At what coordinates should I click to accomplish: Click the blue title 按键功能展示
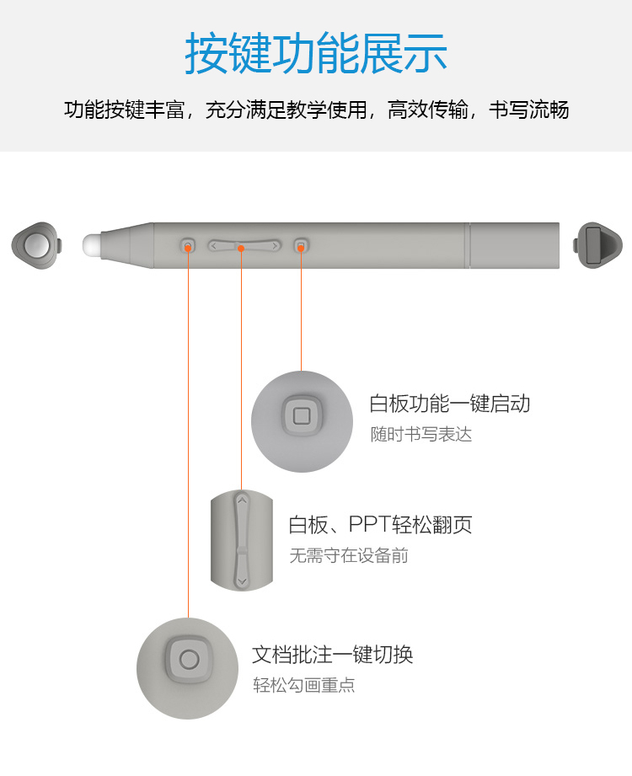(316, 52)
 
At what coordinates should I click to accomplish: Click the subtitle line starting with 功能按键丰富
(316, 110)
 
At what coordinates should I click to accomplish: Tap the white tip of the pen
(92, 245)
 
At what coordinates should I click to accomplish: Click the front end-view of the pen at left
(36, 245)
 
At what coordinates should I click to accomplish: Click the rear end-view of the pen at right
(593, 245)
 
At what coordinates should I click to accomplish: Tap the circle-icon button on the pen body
(188, 246)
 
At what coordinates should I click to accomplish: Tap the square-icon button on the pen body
(301, 246)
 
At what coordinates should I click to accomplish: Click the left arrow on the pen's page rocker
(215, 246)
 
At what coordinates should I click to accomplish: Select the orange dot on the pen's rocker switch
(242, 248)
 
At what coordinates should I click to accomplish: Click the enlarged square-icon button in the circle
(302, 416)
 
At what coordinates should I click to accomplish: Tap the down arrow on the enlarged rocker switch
(242, 581)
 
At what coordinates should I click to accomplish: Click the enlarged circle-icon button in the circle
(189, 660)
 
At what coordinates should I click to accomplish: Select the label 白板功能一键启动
(449, 404)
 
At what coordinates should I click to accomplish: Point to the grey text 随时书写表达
(421, 435)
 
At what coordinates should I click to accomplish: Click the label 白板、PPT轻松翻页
(380, 525)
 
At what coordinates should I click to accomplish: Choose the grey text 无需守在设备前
(349, 556)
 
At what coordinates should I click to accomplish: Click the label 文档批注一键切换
(332, 655)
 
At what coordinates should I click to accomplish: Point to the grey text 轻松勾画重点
(304, 686)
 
